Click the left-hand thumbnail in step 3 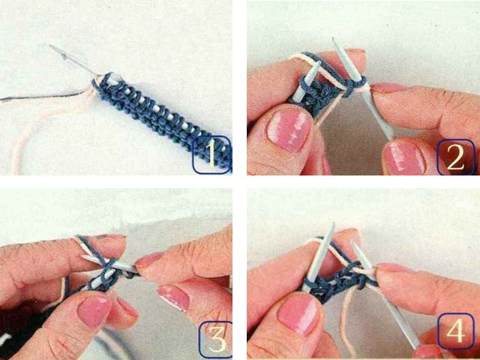pyautogui.click(x=93, y=311)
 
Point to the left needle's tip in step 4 pyautogui.click(x=332, y=224)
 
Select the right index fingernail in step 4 pyautogui.click(x=391, y=268)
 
